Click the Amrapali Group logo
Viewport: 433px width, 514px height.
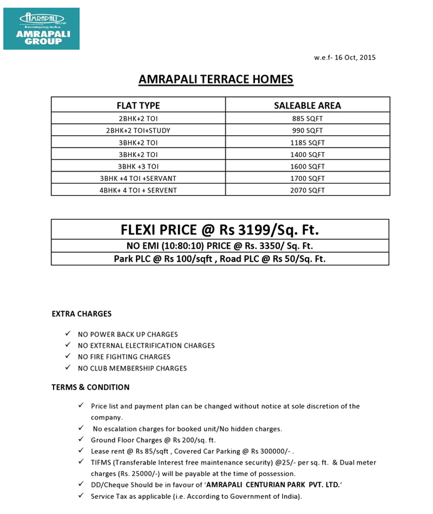(41, 29)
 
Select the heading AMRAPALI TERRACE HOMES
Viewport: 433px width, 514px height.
(216, 80)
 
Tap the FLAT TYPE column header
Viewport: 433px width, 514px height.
(139, 106)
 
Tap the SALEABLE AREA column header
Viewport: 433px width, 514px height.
(307, 106)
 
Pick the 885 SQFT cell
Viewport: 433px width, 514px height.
(307, 118)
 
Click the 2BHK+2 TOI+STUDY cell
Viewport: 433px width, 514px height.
(139, 130)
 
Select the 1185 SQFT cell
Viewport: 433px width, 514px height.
(307, 142)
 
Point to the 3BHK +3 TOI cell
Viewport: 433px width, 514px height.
(139, 166)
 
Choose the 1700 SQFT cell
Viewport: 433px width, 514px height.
(307, 178)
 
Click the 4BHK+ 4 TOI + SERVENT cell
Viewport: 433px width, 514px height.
(139, 190)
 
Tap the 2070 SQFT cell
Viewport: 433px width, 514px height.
(307, 190)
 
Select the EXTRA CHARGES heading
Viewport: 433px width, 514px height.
(82, 314)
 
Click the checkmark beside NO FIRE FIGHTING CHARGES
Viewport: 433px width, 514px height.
(67, 357)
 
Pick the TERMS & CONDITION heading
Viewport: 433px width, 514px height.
(90, 387)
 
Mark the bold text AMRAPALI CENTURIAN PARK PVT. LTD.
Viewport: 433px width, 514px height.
(273, 485)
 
